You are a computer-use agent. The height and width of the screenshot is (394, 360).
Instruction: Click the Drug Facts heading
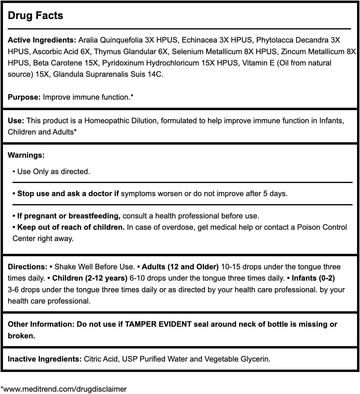click(35, 15)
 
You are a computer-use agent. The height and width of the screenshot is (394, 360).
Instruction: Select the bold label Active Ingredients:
click(42, 40)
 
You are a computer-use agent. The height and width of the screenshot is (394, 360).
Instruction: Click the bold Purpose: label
click(24, 97)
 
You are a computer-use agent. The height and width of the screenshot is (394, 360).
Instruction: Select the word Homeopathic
click(106, 121)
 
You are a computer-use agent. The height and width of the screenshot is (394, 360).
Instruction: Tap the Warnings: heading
click(26, 155)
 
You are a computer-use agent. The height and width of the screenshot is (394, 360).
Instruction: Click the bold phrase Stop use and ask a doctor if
click(68, 194)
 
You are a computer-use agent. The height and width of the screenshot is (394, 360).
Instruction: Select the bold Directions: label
click(28, 267)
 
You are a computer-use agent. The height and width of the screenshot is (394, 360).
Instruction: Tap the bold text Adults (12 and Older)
click(180, 267)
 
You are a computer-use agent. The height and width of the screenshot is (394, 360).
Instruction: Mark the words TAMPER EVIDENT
click(158, 324)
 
